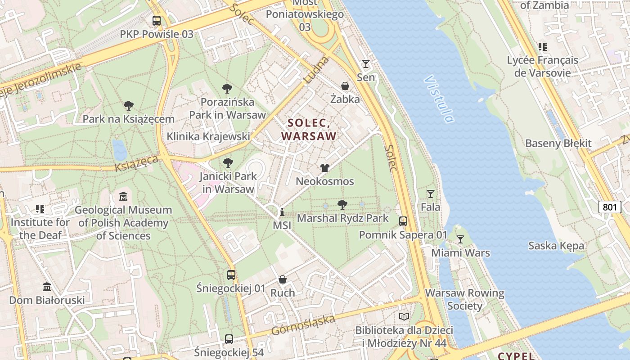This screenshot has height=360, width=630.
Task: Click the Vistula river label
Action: tap(439, 99)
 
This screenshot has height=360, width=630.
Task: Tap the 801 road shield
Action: tap(609, 207)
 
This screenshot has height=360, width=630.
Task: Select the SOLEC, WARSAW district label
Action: tap(309, 129)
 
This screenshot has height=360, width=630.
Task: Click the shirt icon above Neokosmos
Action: tap(324, 168)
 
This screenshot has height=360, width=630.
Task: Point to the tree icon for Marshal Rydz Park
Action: tap(342, 205)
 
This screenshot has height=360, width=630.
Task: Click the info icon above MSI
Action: tap(282, 212)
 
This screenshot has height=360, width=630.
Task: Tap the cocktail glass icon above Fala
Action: tap(431, 194)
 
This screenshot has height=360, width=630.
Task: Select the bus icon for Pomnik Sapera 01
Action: tap(403, 221)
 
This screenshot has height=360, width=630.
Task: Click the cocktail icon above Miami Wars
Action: tap(460, 239)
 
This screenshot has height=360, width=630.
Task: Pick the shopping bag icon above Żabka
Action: tap(345, 86)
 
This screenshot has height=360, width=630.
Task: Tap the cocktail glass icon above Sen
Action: tap(366, 64)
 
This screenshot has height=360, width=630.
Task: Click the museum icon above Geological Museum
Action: tap(123, 196)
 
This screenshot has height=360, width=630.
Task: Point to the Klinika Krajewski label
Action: tap(208, 136)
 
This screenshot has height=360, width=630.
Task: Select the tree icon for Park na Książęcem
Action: tap(129, 106)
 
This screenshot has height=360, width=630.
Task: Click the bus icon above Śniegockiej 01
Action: tap(231, 274)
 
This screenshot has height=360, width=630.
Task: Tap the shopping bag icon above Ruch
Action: tap(283, 279)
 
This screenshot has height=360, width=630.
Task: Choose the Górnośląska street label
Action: tap(303, 325)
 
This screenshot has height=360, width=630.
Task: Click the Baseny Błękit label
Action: tap(558, 144)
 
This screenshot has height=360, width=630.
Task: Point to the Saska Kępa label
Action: tap(556, 246)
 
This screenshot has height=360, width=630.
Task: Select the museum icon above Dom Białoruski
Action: tap(47, 287)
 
